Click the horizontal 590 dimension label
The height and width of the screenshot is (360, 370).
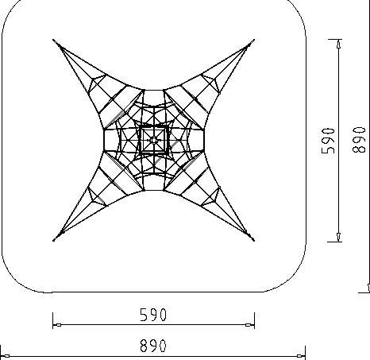tap(153, 315)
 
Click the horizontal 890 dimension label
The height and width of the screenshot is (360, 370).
tap(153, 346)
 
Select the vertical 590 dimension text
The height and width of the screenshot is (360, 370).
tap(328, 141)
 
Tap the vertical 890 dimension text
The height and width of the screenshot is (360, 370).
tap(359, 140)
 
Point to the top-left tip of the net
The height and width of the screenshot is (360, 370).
tap(53, 40)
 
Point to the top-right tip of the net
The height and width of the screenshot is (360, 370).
tap(254, 40)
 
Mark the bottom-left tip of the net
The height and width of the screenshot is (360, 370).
tap(53, 241)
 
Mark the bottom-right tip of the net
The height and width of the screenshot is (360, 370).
tap(254, 241)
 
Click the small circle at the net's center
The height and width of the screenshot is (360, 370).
tap(154, 140)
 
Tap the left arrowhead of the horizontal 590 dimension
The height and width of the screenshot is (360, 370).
tap(57, 325)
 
